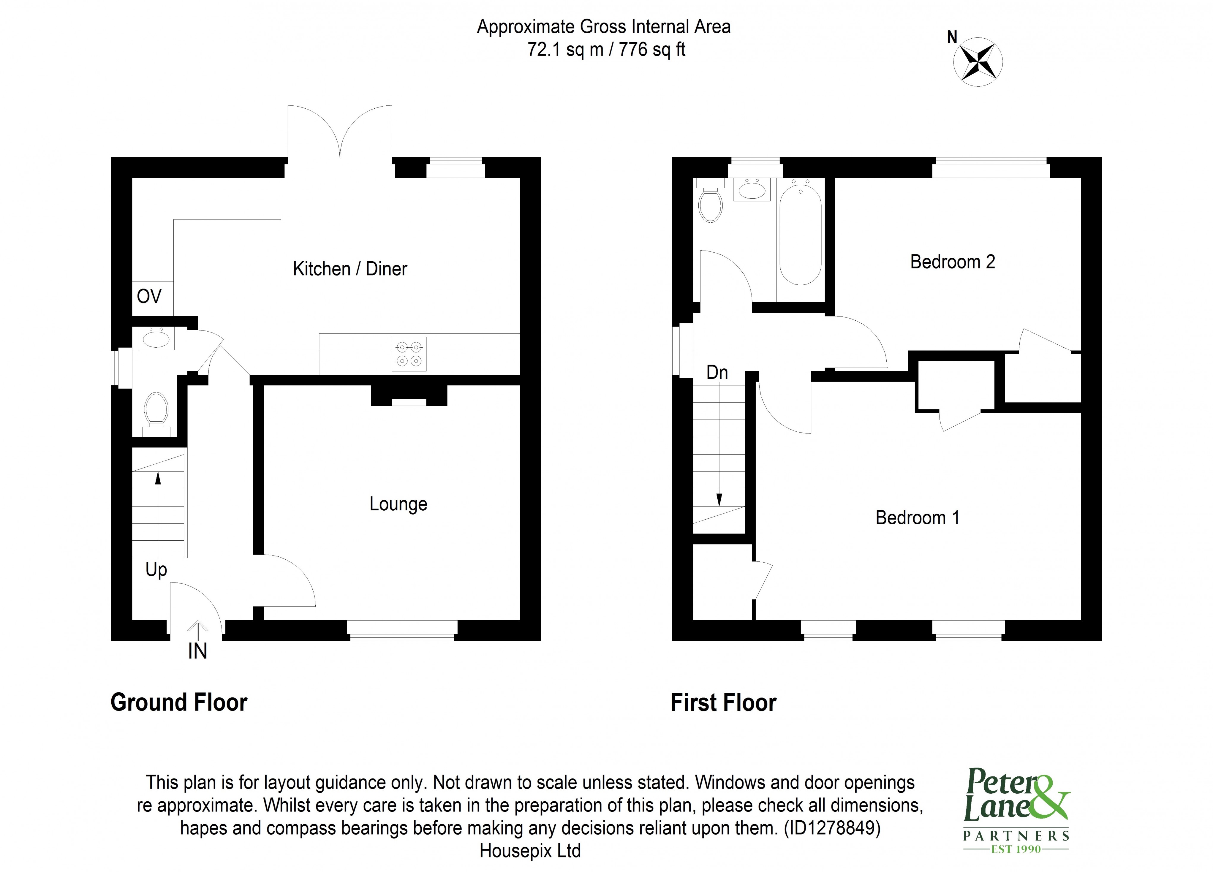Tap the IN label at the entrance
[x=197, y=651]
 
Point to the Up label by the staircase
[x=156, y=570]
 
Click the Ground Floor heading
[x=179, y=702]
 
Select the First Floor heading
[x=723, y=702]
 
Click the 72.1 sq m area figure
[x=565, y=50]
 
